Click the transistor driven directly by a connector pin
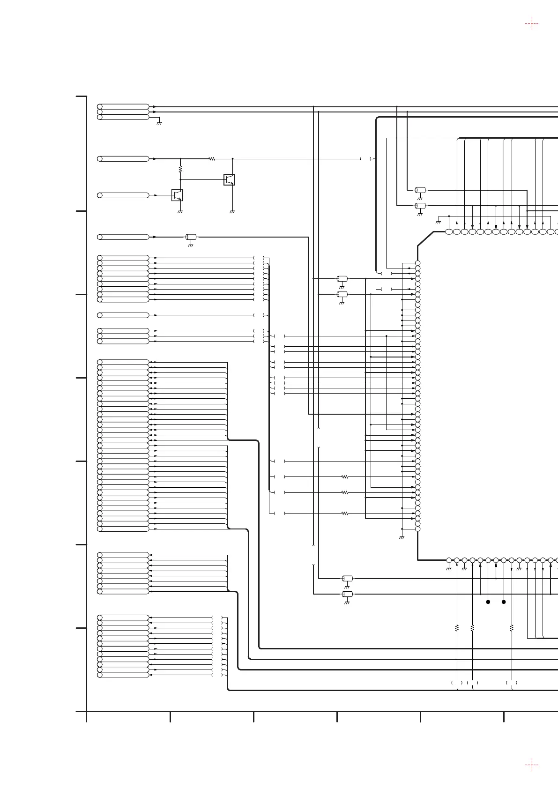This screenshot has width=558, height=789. [x=177, y=195]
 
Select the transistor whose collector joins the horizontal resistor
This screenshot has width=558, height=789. [x=229, y=179]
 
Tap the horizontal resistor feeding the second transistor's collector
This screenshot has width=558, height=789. [x=212, y=159]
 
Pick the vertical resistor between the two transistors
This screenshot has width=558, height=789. [x=180, y=168]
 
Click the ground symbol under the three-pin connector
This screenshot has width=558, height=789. [x=159, y=122]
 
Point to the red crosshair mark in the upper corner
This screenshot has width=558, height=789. [x=531, y=24]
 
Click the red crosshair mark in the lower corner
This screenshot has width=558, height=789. [x=531, y=765]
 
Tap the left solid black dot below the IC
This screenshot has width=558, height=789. [x=488, y=602]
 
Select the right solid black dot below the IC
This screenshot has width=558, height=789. [x=504, y=602]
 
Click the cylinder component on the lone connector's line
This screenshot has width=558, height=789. [x=191, y=237]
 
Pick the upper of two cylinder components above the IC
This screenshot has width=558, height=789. [x=420, y=190]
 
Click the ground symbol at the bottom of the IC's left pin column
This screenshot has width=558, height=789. [x=402, y=537]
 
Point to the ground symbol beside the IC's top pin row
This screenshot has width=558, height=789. [x=439, y=221]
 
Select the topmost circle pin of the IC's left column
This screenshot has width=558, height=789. [x=417, y=263]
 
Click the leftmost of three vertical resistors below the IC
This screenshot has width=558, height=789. [x=457, y=627]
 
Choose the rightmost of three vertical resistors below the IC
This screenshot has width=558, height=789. [x=512, y=627]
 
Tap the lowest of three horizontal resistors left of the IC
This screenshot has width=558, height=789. [x=345, y=514]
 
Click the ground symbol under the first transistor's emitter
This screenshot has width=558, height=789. [x=180, y=211]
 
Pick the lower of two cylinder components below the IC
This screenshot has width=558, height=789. [x=347, y=594]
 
